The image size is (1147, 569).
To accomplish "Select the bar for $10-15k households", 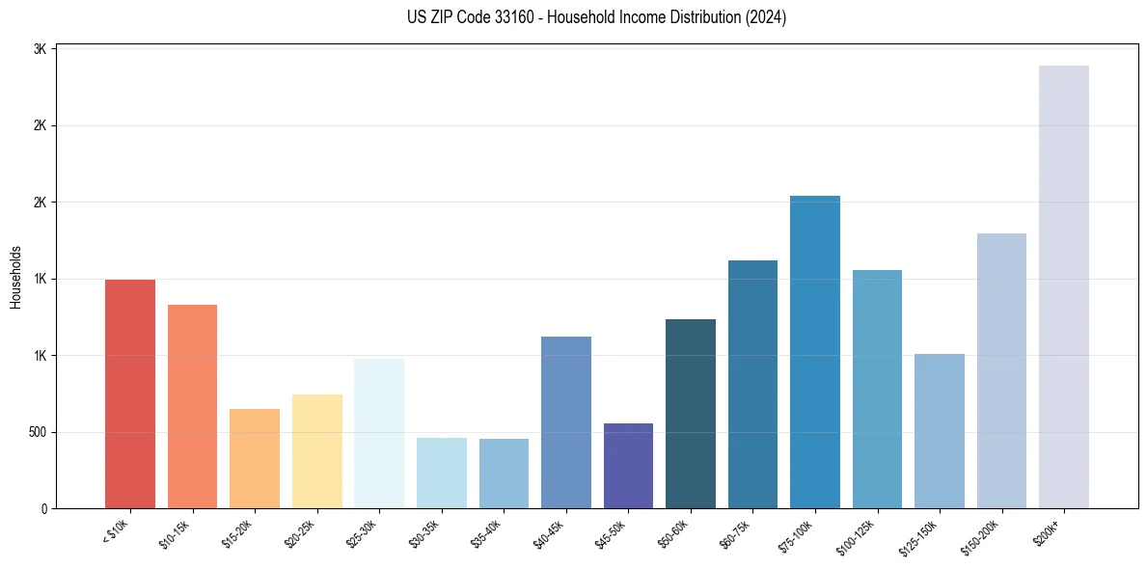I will click(x=192, y=406).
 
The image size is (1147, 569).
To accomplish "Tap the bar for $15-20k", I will click(x=255, y=458).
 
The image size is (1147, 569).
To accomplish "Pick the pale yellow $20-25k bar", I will click(x=316, y=451).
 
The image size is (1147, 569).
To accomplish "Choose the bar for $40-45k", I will click(x=566, y=422).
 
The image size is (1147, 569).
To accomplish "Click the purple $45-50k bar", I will click(x=628, y=466).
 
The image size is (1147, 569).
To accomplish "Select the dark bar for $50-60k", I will click(x=691, y=414).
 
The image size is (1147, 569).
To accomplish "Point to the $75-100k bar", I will click(x=815, y=352).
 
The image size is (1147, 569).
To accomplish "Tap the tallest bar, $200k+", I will click(x=1064, y=286).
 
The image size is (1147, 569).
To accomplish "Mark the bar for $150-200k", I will click(x=1001, y=370).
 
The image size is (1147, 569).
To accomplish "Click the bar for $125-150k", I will click(x=940, y=431).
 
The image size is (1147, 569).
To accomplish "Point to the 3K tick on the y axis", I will click(x=40, y=48).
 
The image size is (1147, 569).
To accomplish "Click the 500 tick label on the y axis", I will click(x=38, y=432).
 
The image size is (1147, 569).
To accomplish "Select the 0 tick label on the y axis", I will click(x=44, y=508).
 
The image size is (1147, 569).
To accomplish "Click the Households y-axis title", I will click(x=16, y=277).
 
